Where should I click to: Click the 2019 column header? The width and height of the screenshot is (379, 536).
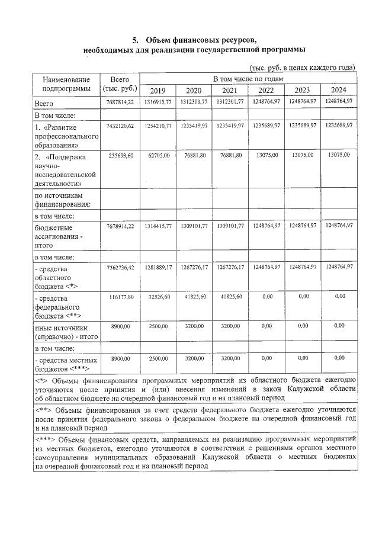158,90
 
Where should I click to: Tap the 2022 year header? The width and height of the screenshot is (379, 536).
266,90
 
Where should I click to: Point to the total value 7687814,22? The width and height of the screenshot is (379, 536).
120,102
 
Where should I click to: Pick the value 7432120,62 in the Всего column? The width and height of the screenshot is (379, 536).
120,126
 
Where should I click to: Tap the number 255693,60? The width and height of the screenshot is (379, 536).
121,155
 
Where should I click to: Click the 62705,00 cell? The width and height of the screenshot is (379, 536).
158,155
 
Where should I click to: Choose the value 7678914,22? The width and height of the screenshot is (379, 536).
120,226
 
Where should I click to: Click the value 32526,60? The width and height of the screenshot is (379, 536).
158,296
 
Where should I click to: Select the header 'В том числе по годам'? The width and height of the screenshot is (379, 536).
248,78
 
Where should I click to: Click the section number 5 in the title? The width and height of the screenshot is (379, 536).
135,40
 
